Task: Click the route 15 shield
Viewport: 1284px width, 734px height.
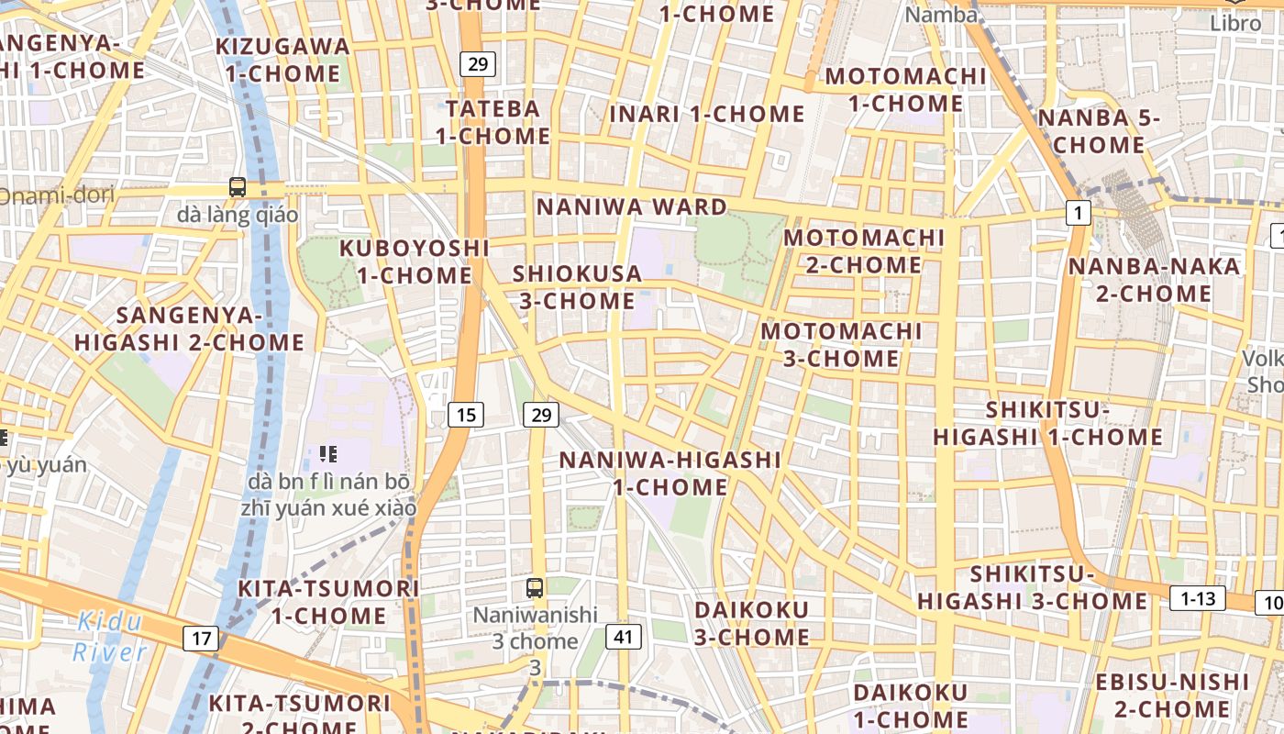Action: coord(466,415)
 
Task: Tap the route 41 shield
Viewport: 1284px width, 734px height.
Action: coord(624,636)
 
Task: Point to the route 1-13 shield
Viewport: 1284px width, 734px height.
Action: coord(1197,599)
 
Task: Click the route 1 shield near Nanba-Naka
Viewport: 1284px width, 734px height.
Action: coord(1079,214)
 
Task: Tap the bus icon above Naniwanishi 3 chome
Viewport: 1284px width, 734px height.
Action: coord(534,587)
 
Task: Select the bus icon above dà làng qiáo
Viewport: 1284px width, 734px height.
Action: coord(238,187)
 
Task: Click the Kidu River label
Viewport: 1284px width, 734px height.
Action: coord(109,637)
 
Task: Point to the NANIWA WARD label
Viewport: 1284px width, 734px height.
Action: coord(632,206)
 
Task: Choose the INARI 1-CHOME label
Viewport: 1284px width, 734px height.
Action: coord(707,115)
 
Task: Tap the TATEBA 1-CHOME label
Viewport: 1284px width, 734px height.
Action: coord(493,122)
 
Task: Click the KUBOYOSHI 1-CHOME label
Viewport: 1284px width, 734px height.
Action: coord(415,261)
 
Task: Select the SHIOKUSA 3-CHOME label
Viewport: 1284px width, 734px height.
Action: coord(577,287)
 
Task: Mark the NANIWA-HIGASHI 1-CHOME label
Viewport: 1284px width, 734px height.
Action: coord(670,473)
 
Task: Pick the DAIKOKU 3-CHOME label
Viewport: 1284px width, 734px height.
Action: coord(751,623)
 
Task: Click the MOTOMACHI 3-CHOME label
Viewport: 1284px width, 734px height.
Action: coord(841,344)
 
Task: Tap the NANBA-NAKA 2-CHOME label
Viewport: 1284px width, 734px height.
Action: coord(1154,280)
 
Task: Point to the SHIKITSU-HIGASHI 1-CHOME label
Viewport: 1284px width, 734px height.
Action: coord(1047,423)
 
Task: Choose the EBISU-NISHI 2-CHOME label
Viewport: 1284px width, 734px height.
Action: coord(1172,695)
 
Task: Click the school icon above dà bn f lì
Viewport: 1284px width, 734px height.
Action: coord(328,453)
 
